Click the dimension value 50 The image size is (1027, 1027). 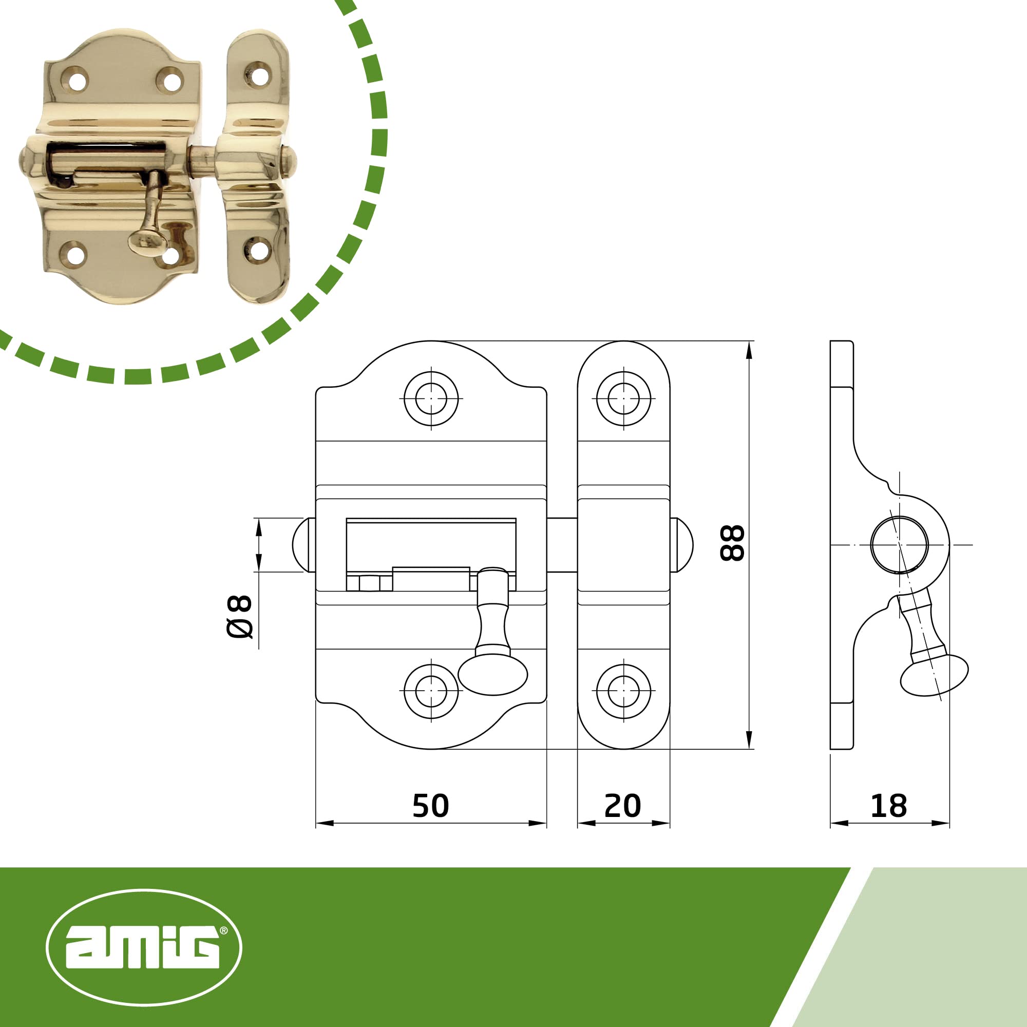(431, 806)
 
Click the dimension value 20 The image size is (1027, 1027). (622, 806)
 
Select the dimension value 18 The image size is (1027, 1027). (888, 806)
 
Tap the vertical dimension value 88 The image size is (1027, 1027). (732, 543)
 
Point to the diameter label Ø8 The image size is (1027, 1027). (239, 617)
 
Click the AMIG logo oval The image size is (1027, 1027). (144, 947)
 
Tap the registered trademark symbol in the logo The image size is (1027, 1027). (223, 930)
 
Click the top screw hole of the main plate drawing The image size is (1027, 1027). (431, 398)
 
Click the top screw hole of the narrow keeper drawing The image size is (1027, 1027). (623, 398)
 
